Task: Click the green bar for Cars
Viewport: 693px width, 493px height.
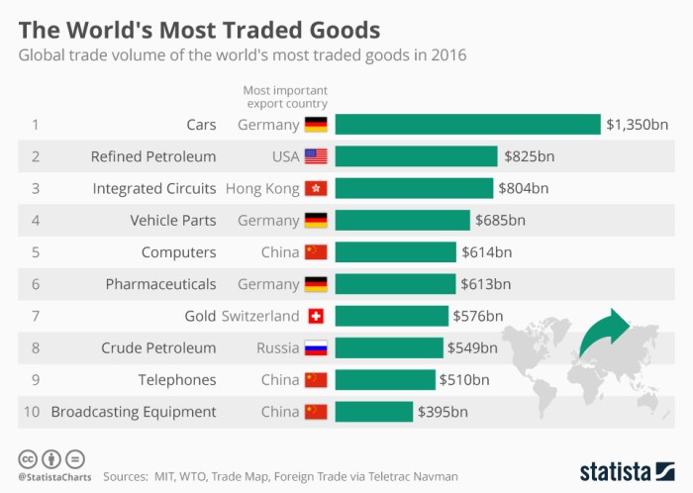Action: [x=467, y=125]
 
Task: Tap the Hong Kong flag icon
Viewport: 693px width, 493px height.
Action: [x=316, y=188]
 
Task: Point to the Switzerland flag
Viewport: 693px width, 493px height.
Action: [x=316, y=316]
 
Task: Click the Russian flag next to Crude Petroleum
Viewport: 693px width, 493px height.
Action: [x=316, y=347]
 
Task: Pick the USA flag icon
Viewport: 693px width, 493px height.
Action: [x=316, y=156]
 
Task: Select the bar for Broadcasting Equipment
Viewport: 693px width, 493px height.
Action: [x=373, y=412]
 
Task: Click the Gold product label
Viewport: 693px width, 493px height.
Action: [x=200, y=316]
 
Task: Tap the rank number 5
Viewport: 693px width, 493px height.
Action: [x=35, y=252]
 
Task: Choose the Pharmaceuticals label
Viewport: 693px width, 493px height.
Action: [x=160, y=284]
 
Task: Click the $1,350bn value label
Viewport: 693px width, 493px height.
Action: [x=637, y=125]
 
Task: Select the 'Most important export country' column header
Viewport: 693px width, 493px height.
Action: [x=285, y=96]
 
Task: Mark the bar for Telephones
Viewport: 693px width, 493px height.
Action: [x=385, y=379]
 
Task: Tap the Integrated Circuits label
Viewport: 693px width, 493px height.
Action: [x=153, y=188]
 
